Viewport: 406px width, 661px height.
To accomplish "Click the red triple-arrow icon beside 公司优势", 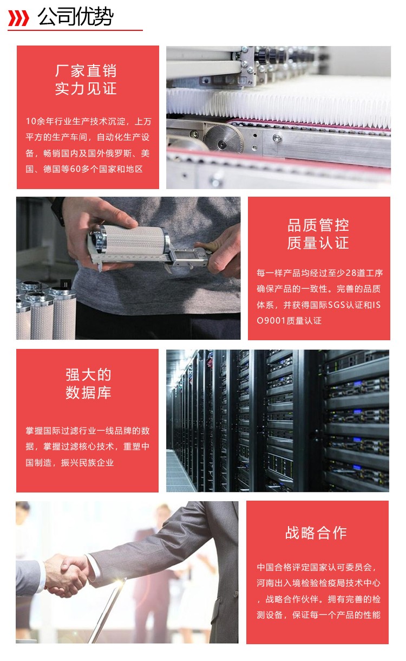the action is tap(18, 18).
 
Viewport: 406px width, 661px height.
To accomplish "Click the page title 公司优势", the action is tap(75, 17).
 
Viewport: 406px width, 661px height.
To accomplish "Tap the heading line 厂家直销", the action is tap(86, 71).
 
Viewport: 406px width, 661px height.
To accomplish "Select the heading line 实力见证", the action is tap(86, 88).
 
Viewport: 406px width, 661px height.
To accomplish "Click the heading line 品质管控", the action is tap(318, 225).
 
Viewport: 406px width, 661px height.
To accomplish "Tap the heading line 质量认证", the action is tap(318, 243).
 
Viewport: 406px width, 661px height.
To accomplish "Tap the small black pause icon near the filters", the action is tap(66, 284).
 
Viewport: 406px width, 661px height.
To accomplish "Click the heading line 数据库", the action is tap(88, 393).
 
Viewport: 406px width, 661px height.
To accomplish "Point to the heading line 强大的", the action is tap(88, 375).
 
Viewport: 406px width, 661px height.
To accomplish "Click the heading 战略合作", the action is tap(316, 533).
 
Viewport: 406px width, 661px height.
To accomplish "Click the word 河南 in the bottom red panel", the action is tap(265, 583).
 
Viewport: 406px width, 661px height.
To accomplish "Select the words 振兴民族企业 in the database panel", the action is tap(87, 463).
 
